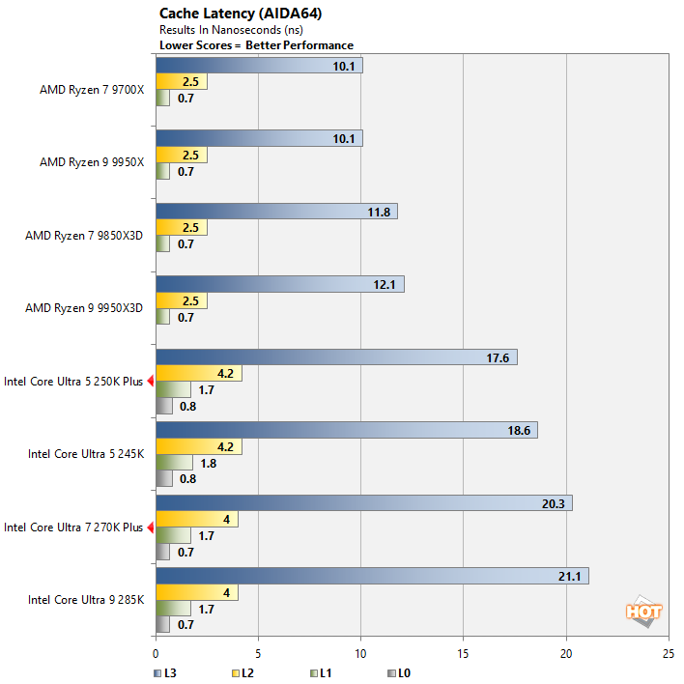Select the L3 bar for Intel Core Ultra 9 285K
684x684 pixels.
[x=372, y=576]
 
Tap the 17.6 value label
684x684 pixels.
[x=499, y=357]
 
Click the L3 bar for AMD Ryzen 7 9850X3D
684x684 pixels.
[x=276, y=212]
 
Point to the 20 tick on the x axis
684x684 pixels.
[x=566, y=653]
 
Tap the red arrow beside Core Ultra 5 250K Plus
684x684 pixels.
[x=150, y=382]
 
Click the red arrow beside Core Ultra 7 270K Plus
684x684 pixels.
[x=150, y=527]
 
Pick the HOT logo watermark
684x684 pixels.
[x=643, y=611]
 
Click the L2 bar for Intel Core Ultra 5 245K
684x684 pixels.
[x=198, y=447]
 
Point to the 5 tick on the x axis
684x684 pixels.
[x=258, y=653]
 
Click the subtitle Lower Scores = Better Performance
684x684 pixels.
[x=256, y=45]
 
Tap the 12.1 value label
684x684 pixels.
[x=385, y=284]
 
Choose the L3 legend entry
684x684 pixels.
[x=163, y=671]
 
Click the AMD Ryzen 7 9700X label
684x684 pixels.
[x=91, y=90]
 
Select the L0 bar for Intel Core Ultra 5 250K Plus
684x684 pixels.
[x=164, y=406]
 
